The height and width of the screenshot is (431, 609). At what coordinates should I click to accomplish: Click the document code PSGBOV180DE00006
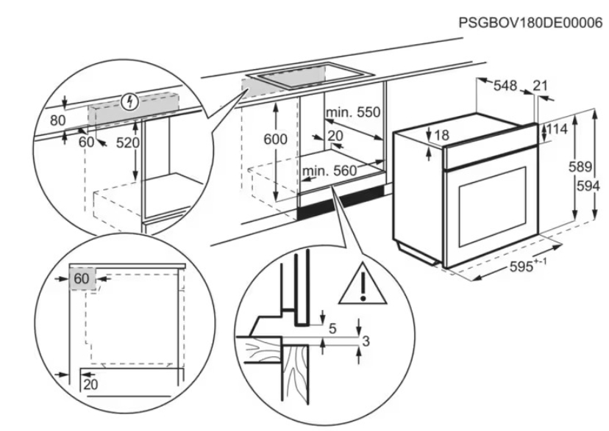pyautogui.click(x=530, y=23)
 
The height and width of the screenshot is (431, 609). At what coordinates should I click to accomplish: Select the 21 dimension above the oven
pyautogui.click(x=541, y=86)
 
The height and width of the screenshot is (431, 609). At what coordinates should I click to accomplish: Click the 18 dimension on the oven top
pyautogui.click(x=441, y=136)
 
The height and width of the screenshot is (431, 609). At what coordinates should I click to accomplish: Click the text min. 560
pyautogui.click(x=329, y=171)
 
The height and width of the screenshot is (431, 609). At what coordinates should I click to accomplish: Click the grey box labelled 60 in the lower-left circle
pyautogui.click(x=82, y=279)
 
